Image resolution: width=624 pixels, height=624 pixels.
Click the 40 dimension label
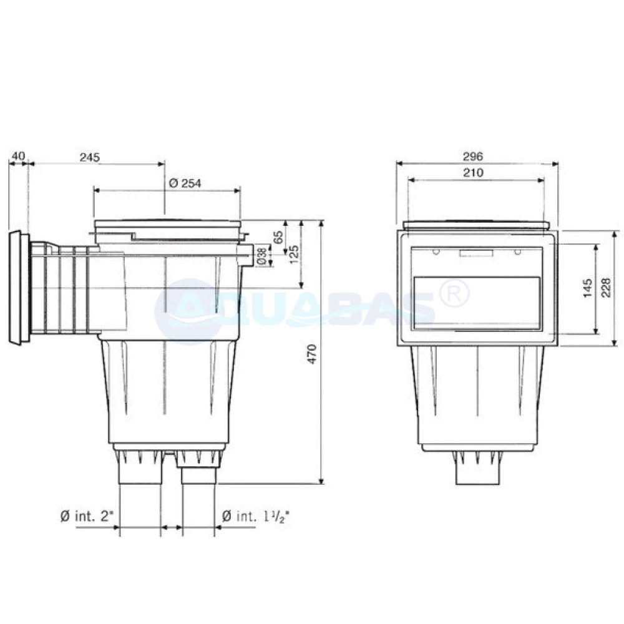click(x=18, y=155)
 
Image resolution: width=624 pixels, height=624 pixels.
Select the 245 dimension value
click(x=89, y=157)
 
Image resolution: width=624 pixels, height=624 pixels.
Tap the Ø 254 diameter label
click(x=185, y=183)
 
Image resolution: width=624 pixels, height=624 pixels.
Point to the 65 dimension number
click(x=279, y=237)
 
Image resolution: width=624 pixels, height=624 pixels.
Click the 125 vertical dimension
click(x=295, y=255)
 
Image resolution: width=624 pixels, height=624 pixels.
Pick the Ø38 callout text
click(x=261, y=256)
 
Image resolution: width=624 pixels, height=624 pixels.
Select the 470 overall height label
click(x=312, y=354)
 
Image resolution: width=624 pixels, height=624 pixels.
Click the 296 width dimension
click(x=473, y=157)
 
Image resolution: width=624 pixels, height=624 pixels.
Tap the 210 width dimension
click(x=473, y=172)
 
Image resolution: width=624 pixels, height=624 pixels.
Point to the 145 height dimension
click(x=587, y=288)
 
